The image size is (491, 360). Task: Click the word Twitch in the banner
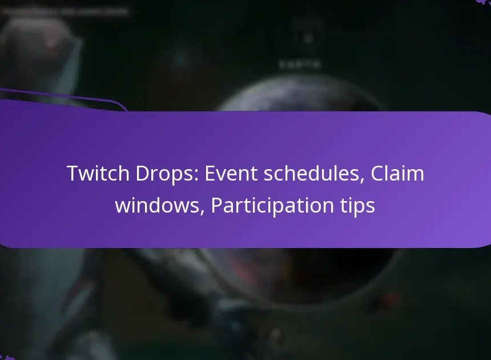click(95, 173)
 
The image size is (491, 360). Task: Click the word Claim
click(397, 173)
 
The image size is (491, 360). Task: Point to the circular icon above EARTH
click(308, 39)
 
